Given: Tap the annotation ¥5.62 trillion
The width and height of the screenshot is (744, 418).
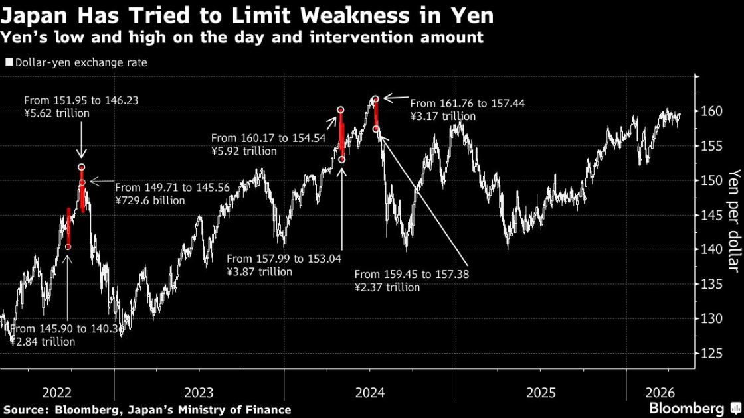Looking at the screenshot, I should (x=56, y=113).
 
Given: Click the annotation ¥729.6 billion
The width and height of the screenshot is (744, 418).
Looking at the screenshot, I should (x=150, y=200).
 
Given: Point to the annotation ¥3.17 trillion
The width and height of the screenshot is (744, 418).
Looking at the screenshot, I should (x=442, y=117).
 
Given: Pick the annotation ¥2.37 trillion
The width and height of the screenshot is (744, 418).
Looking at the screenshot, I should (x=387, y=287).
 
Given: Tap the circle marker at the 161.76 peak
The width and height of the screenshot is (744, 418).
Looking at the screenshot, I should (x=375, y=99).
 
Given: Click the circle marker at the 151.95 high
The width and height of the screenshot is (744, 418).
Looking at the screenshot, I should (x=81, y=167).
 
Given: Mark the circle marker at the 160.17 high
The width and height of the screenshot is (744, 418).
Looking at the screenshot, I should (x=340, y=110).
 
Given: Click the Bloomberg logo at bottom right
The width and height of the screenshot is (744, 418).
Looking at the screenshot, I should (x=687, y=407).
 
